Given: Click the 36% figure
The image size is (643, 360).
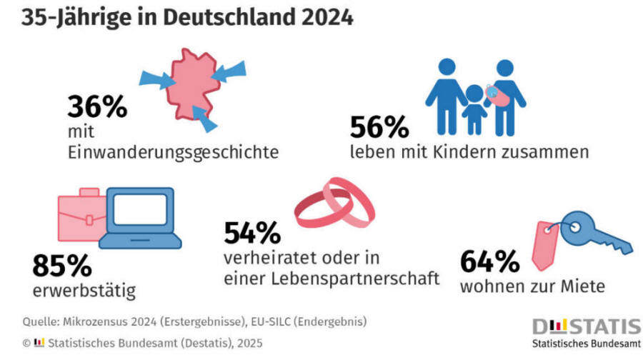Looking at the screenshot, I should [97, 107].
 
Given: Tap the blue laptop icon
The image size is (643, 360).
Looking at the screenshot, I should [136, 218].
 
